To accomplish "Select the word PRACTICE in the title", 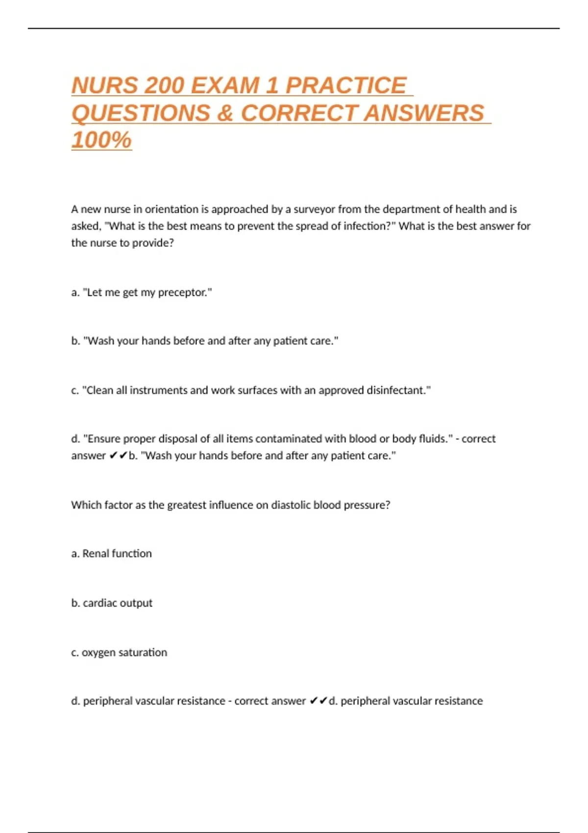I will pos(346,86).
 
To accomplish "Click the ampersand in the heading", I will pos(224,113).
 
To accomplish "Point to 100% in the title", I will pos(101,140).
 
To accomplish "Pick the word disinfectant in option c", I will pos(397,391).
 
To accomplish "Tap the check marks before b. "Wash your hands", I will pos(118,456).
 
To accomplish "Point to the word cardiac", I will pos(99,603).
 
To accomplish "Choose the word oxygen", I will pos(98,653).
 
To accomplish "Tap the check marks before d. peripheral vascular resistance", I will pos(318,701).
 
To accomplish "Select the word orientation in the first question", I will pos(171,209).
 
